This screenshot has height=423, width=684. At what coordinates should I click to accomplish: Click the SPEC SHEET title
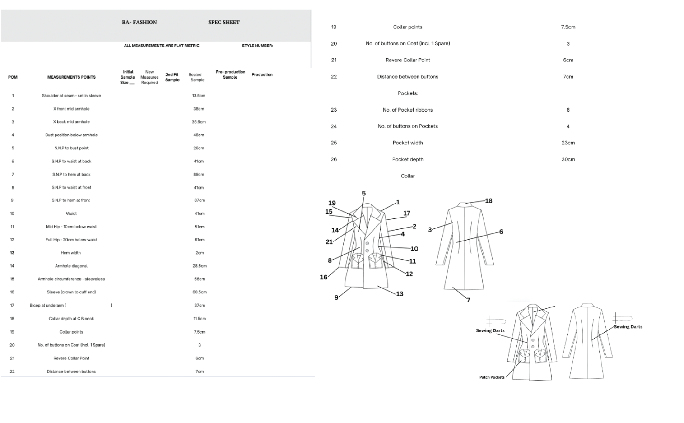pos(224,22)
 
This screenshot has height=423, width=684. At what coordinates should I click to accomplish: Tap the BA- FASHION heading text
pos(139,22)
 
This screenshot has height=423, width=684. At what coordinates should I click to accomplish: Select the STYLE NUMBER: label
pos(257,46)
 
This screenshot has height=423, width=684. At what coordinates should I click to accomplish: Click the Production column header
pos(262,74)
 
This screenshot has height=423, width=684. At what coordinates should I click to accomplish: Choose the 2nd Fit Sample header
pos(172,77)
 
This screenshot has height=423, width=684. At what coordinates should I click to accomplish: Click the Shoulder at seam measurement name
pos(71,96)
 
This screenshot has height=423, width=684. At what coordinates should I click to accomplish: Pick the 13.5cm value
pos(198,96)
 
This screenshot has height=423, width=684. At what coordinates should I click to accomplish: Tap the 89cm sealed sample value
pos(198,174)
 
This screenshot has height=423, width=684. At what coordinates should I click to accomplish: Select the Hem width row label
pos(71,253)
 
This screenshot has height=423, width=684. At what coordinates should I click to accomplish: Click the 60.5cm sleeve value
pos(199,292)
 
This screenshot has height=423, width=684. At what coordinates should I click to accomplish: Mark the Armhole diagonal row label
pos(71,266)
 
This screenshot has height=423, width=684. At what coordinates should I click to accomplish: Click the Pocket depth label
pos(408,159)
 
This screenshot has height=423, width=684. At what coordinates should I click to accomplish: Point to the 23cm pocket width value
pos(568,143)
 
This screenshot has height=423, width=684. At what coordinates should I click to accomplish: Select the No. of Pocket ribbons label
pos(408,110)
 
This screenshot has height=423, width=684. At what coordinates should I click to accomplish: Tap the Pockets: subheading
pos(408,93)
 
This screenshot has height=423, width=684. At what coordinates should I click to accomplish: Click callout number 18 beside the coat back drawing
pos(488,201)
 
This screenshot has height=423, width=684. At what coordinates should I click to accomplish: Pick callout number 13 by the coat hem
pos(400,294)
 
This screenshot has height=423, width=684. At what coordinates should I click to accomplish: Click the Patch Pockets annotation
pos(492,377)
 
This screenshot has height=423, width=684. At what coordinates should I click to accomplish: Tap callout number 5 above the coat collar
pos(364,193)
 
